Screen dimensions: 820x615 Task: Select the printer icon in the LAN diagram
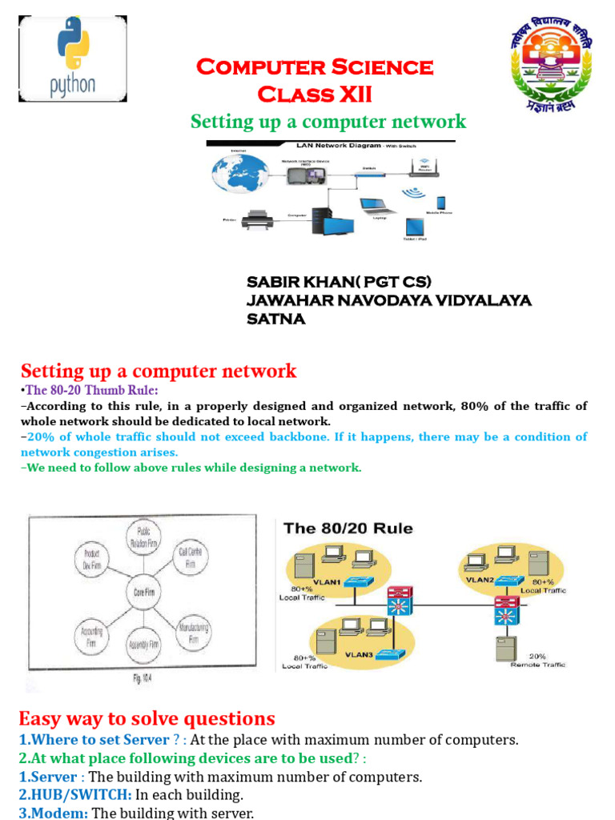(x=258, y=219)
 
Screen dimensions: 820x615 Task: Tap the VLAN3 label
(x=359, y=654)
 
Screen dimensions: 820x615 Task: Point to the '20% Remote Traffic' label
(x=537, y=660)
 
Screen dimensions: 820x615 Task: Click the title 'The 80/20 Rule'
(x=348, y=529)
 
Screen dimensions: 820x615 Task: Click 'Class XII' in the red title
(x=314, y=94)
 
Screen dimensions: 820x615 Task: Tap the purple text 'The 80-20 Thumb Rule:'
(x=92, y=390)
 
